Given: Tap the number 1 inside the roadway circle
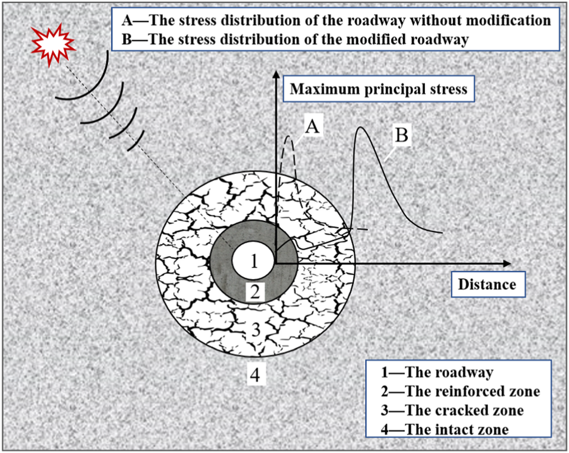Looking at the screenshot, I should [253, 261].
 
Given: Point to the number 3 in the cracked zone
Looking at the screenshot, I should [255, 330].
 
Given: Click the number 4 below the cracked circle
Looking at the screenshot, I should [255, 375].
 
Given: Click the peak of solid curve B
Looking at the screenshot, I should [361, 128].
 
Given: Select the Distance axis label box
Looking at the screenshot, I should [486, 284].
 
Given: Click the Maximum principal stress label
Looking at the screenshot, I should [378, 89].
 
